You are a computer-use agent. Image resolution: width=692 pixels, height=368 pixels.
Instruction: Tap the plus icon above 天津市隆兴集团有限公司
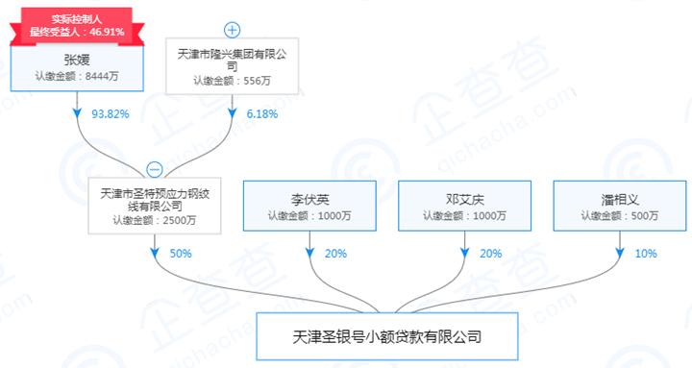click(233, 29)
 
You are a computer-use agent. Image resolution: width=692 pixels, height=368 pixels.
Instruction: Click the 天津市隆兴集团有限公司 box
click(233, 67)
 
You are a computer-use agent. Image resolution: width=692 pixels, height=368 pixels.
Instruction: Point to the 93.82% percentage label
click(108, 112)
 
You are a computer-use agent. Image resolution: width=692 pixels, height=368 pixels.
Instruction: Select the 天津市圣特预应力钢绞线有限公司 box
click(155, 205)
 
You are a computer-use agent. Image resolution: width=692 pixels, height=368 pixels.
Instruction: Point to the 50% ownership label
click(181, 254)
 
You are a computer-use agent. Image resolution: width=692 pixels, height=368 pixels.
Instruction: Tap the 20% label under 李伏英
click(336, 254)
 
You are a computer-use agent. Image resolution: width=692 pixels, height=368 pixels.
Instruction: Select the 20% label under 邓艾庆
click(491, 254)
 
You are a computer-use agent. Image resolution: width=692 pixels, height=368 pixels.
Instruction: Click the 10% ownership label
click(646, 254)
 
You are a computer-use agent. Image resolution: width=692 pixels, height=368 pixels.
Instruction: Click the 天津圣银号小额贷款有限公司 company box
click(386, 338)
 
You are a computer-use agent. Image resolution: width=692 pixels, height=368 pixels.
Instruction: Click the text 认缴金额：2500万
click(155, 220)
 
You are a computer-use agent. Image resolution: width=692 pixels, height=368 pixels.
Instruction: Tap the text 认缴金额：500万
click(618, 216)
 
